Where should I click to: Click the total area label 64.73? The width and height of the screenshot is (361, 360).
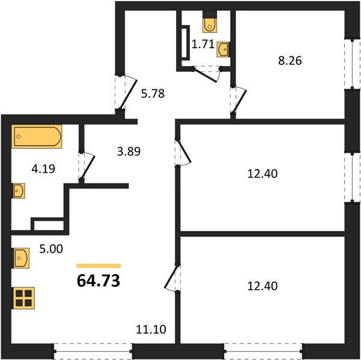[99, 281]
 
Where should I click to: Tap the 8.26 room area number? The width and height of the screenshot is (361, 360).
[290, 61]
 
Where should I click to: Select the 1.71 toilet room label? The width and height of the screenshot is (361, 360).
[203, 44]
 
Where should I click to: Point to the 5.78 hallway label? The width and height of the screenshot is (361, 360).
[153, 94]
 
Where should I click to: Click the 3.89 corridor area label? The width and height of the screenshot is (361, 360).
[129, 151]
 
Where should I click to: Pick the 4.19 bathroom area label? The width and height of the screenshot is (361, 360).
[43, 169]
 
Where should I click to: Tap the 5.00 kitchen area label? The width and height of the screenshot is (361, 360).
[51, 249]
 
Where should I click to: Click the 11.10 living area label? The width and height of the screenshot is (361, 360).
[151, 329]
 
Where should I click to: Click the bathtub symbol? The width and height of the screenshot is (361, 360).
[37, 136]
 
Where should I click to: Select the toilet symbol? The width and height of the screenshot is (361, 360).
[210, 22]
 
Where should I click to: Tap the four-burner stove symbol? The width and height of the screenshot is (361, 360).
[24, 298]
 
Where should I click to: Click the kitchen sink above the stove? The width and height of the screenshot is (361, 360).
[21, 258]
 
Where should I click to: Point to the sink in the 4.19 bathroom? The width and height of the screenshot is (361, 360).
[19, 190]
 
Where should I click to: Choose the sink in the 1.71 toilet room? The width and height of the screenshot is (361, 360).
[223, 49]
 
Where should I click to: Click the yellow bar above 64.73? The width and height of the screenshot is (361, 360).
[99, 266]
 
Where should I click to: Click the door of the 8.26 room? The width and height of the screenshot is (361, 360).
[240, 101]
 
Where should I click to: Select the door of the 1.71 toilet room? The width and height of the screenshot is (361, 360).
[206, 75]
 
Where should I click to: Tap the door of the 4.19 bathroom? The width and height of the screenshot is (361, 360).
[88, 166]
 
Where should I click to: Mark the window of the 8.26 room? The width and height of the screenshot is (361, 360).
[352, 64]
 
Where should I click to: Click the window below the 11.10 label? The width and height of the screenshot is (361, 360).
[93, 351]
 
